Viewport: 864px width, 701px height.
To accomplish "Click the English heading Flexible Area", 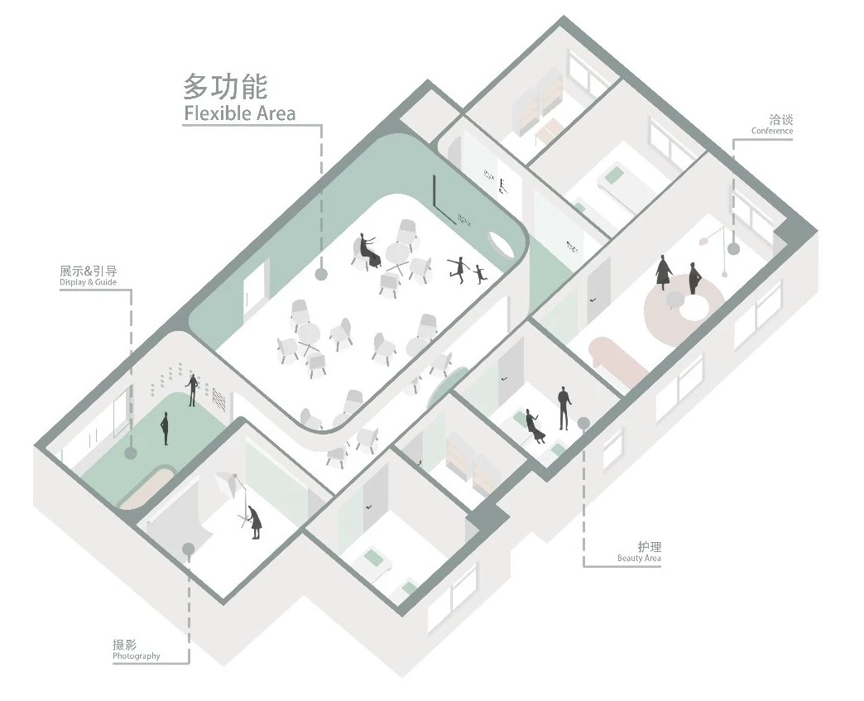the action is pyautogui.click(x=240, y=113).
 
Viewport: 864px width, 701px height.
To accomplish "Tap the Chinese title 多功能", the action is pyautogui.click(x=226, y=86).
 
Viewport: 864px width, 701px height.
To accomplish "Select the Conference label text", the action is pyautogui.click(x=772, y=131).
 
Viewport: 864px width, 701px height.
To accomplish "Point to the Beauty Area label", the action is pyautogui.click(x=639, y=559).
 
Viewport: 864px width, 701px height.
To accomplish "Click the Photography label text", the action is pyautogui.click(x=136, y=655).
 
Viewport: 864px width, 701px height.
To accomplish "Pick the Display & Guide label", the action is pyautogui.click(x=89, y=282).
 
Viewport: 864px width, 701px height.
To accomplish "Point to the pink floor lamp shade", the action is pyautogui.click(x=704, y=241).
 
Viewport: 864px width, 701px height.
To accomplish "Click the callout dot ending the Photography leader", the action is pyautogui.click(x=189, y=549).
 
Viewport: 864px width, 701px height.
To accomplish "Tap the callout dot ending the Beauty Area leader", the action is pyautogui.click(x=583, y=423).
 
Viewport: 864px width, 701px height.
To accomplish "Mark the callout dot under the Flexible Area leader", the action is pyautogui.click(x=321, y=274).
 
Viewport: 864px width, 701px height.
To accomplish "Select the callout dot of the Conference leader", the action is pyautogui.click(x=733, y=248).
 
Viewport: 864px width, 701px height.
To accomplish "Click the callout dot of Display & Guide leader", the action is pyautogui.click(x=131, y=453).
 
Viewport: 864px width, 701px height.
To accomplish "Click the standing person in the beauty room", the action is pyautogui.click(x=563, y=408).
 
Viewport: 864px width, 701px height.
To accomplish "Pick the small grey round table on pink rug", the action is pyautogui.click(x=674, y=300).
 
